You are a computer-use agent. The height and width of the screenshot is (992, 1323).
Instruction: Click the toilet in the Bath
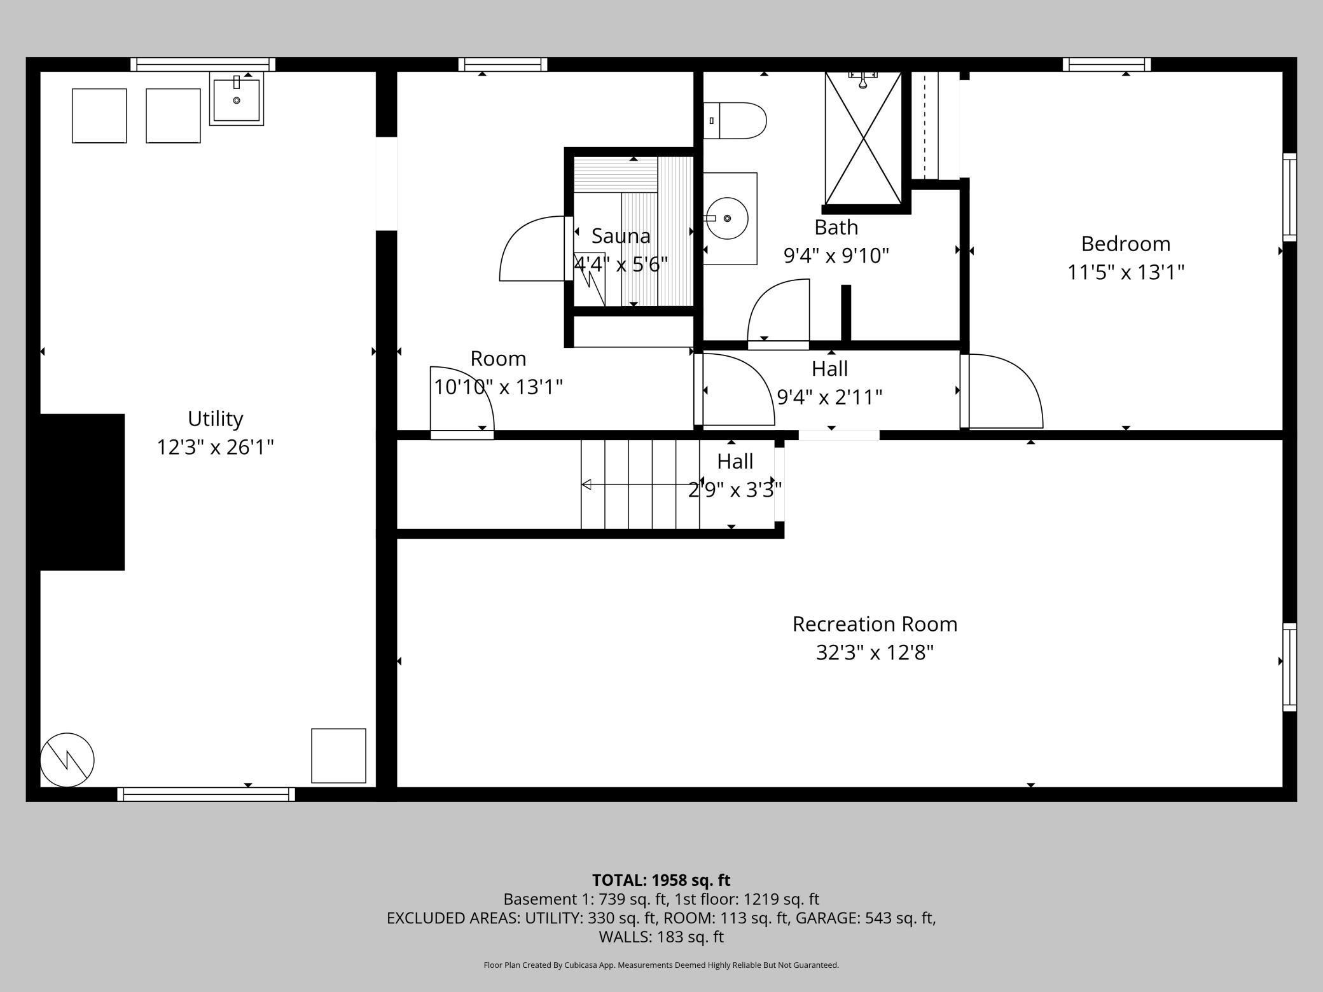pyautogui.click(x=735, y=121)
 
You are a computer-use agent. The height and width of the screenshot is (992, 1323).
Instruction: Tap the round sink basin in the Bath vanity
pyautogui.click(x=728, y=218)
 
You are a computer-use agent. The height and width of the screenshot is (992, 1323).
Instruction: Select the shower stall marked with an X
pyautogui.click(x=863, y=139)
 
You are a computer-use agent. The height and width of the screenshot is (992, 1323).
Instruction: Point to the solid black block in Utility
pyautogui.click(x=82, y=492)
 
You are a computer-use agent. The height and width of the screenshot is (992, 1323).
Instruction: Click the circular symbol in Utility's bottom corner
pyautogui.click(x=67, y=759)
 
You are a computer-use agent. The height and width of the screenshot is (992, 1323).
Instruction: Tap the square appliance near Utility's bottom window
pyautogui.click(x=338, y=755)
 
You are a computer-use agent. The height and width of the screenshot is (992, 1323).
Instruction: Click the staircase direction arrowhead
pyautogui.click(x=586, y=485)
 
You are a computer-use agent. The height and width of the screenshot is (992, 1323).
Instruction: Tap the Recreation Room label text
pyautogui.click(x=875, y=624)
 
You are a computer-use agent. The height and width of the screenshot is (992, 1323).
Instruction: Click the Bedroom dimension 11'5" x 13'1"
pyautogui.click(x=1126, y=272)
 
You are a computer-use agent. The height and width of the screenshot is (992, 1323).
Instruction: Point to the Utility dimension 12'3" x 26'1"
pyautogui.click(x=216, y=447)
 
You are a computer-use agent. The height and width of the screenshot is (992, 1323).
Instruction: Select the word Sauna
pyautogui.click(x=621, y=236)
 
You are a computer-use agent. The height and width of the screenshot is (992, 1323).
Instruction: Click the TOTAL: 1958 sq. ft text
pyautogui.click(x=661, y=880)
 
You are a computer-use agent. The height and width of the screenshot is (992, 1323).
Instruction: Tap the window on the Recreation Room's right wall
pyautogui.click(x=1289, y=667)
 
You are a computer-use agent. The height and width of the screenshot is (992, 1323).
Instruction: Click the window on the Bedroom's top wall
pyautogui.click(x=1107, y=64)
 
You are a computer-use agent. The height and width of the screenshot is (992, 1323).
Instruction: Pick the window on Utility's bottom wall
pyautogui.click(x=206, y=794)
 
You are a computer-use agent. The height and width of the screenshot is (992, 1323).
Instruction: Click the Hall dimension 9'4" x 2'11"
pyautogui.click(x=830, y=397)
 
